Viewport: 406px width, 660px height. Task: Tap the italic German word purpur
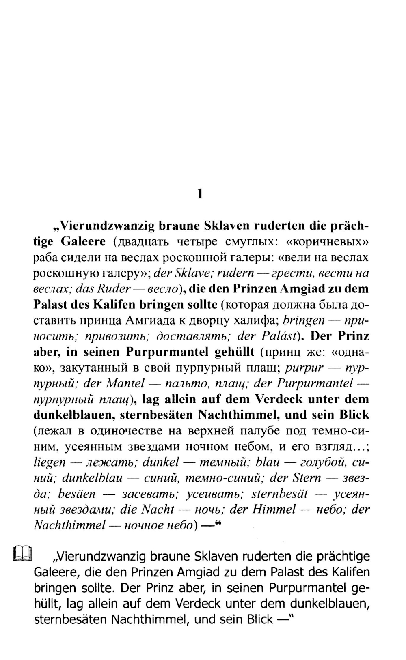point(304,368)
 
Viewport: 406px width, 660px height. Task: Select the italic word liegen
point(49,462)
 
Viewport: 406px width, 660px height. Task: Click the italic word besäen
point(77,494)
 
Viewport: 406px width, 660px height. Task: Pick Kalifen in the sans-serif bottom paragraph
point(350,572)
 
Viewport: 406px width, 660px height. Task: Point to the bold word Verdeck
point(279,399)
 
